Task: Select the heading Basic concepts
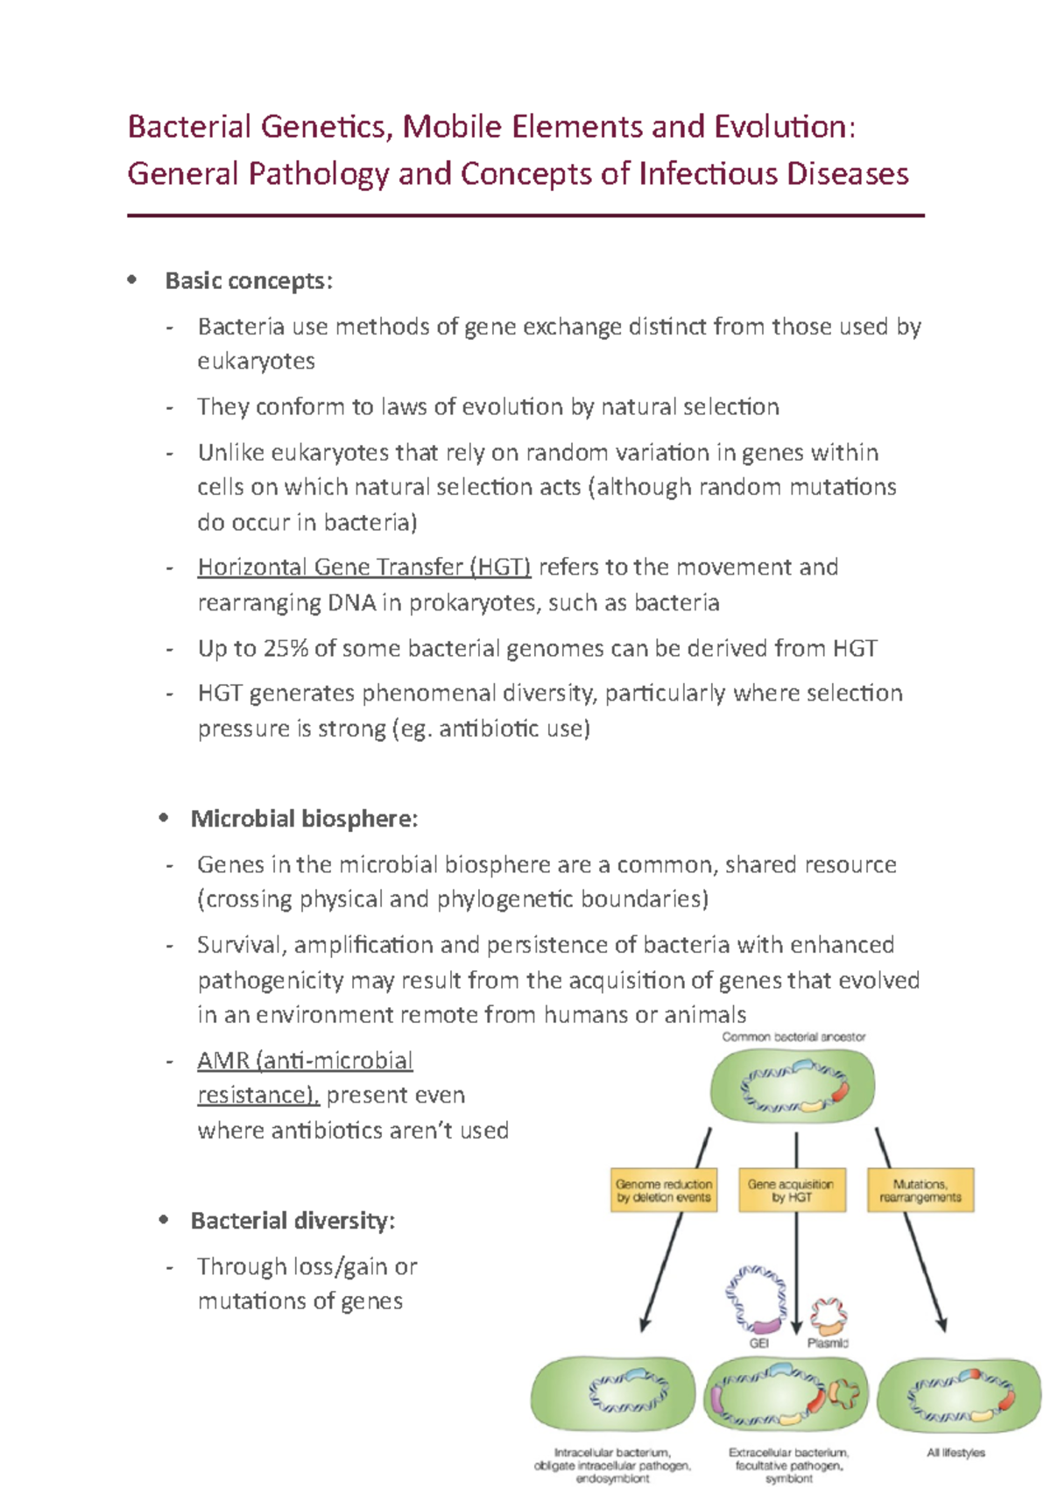click(x=249, y=281)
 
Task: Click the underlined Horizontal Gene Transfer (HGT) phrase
click(x=364, y=567)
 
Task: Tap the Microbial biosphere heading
click(x=304, y=819)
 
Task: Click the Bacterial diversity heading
click(x=293, y=1221)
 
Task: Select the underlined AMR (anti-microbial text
click(x=305, y=1061)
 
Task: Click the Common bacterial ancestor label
click(x=794, y=1037)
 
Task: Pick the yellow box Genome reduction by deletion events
click(x=664, y=1190)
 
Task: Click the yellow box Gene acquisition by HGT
click(x=792, y=1190)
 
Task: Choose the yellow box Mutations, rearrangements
click(x=921, y=1190)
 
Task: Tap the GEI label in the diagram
click(x=758, y=1343)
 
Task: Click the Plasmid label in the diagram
click(x=828, y=1343)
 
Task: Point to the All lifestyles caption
click(x=956, y=1452)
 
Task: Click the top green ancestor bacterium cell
click(x=793, y=1086)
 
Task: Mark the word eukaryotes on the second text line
click(x=256, y=362)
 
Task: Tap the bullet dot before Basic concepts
click(x=132, y=280)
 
